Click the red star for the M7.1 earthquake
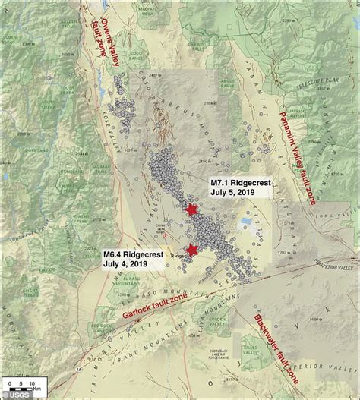[191, 209]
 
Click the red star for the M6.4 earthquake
[192, 250]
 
